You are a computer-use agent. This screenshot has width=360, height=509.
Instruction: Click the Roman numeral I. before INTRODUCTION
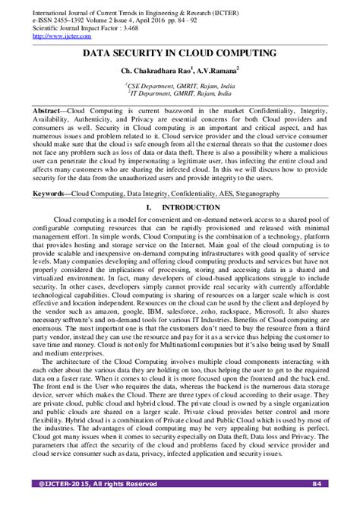(147, 207)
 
